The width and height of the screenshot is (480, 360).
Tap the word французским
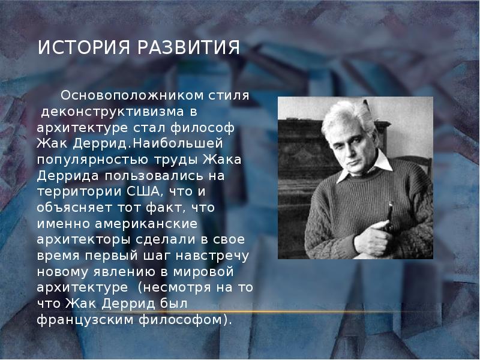point(84,320)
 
